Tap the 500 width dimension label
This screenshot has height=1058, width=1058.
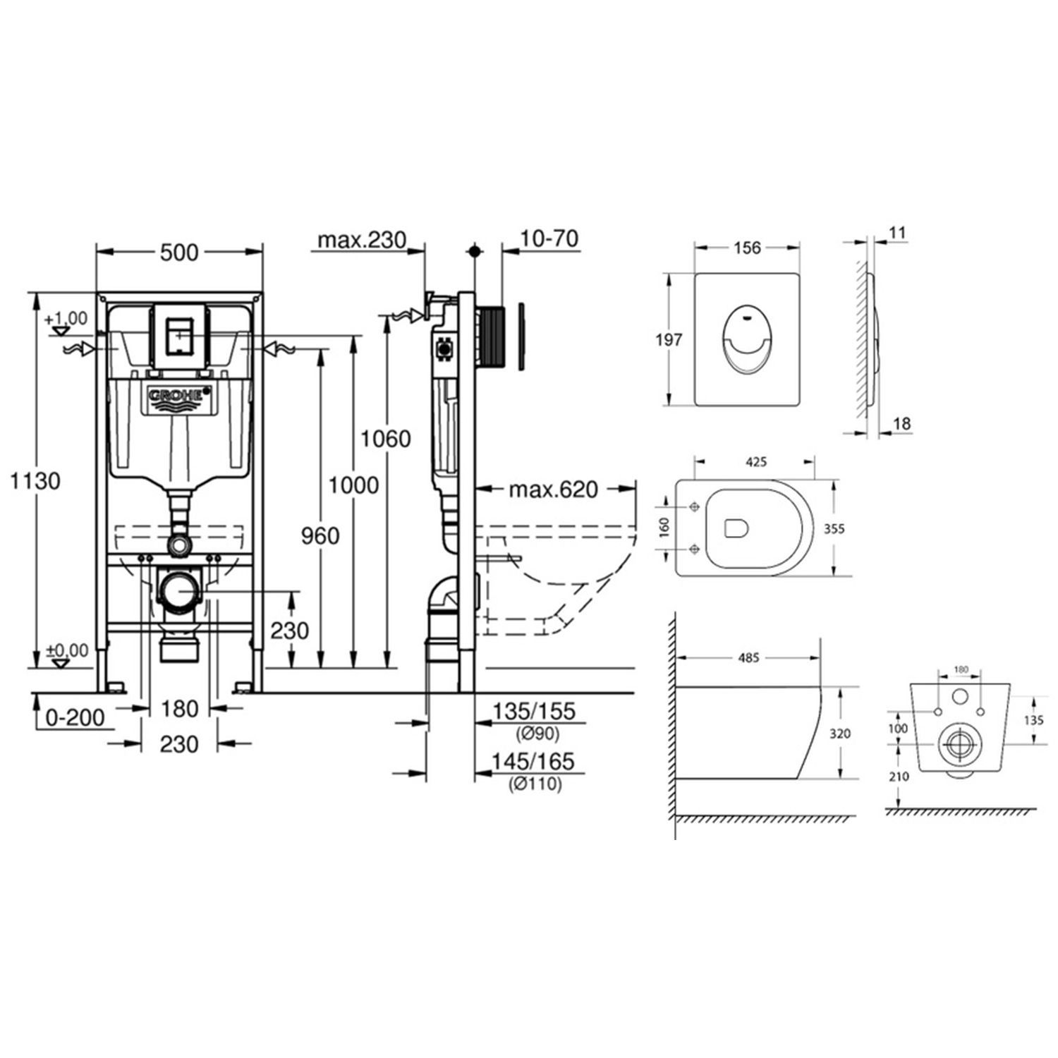[179, 252]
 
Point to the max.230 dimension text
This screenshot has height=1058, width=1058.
[362, 241]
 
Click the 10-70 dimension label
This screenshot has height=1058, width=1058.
[549, 239]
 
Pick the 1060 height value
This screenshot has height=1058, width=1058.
[385, 439]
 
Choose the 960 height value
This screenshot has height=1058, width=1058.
[320, 536]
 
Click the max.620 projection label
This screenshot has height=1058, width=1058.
[554, 489]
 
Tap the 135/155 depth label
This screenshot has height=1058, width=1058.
[534, 712]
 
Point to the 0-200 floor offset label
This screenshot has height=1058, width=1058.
[75, 719]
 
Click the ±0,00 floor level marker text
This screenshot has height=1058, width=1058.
[68, 650]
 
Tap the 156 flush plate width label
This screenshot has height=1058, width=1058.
[747, 248]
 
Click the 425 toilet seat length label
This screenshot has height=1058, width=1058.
[755, 463]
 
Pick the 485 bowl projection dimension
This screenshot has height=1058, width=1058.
[748, 657]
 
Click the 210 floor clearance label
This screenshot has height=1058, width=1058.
[899, 777]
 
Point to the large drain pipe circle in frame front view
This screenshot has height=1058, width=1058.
[179, 589]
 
